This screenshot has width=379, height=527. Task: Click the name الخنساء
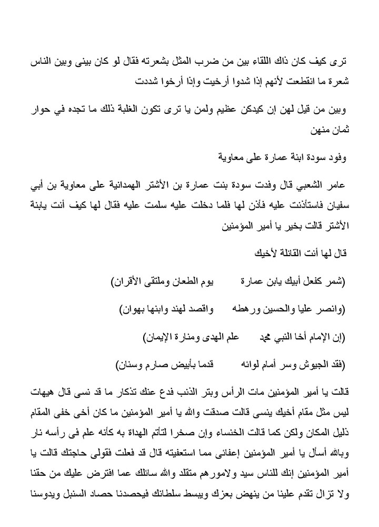pos(236,430)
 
